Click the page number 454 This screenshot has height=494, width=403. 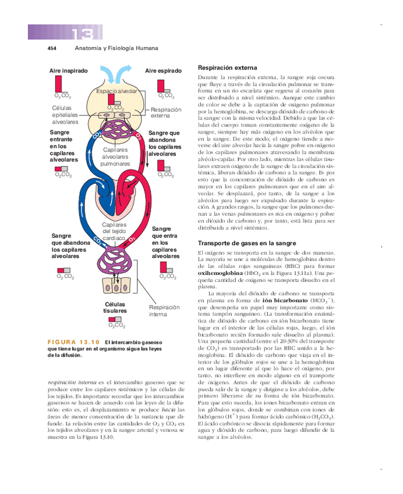51,48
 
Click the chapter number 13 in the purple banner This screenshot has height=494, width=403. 87,33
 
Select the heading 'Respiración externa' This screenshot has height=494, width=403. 227,68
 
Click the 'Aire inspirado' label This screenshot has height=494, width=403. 69,70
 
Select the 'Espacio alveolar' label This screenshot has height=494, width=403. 117,91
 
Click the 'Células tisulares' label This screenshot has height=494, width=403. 115,308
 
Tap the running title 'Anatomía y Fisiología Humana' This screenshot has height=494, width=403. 116,48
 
